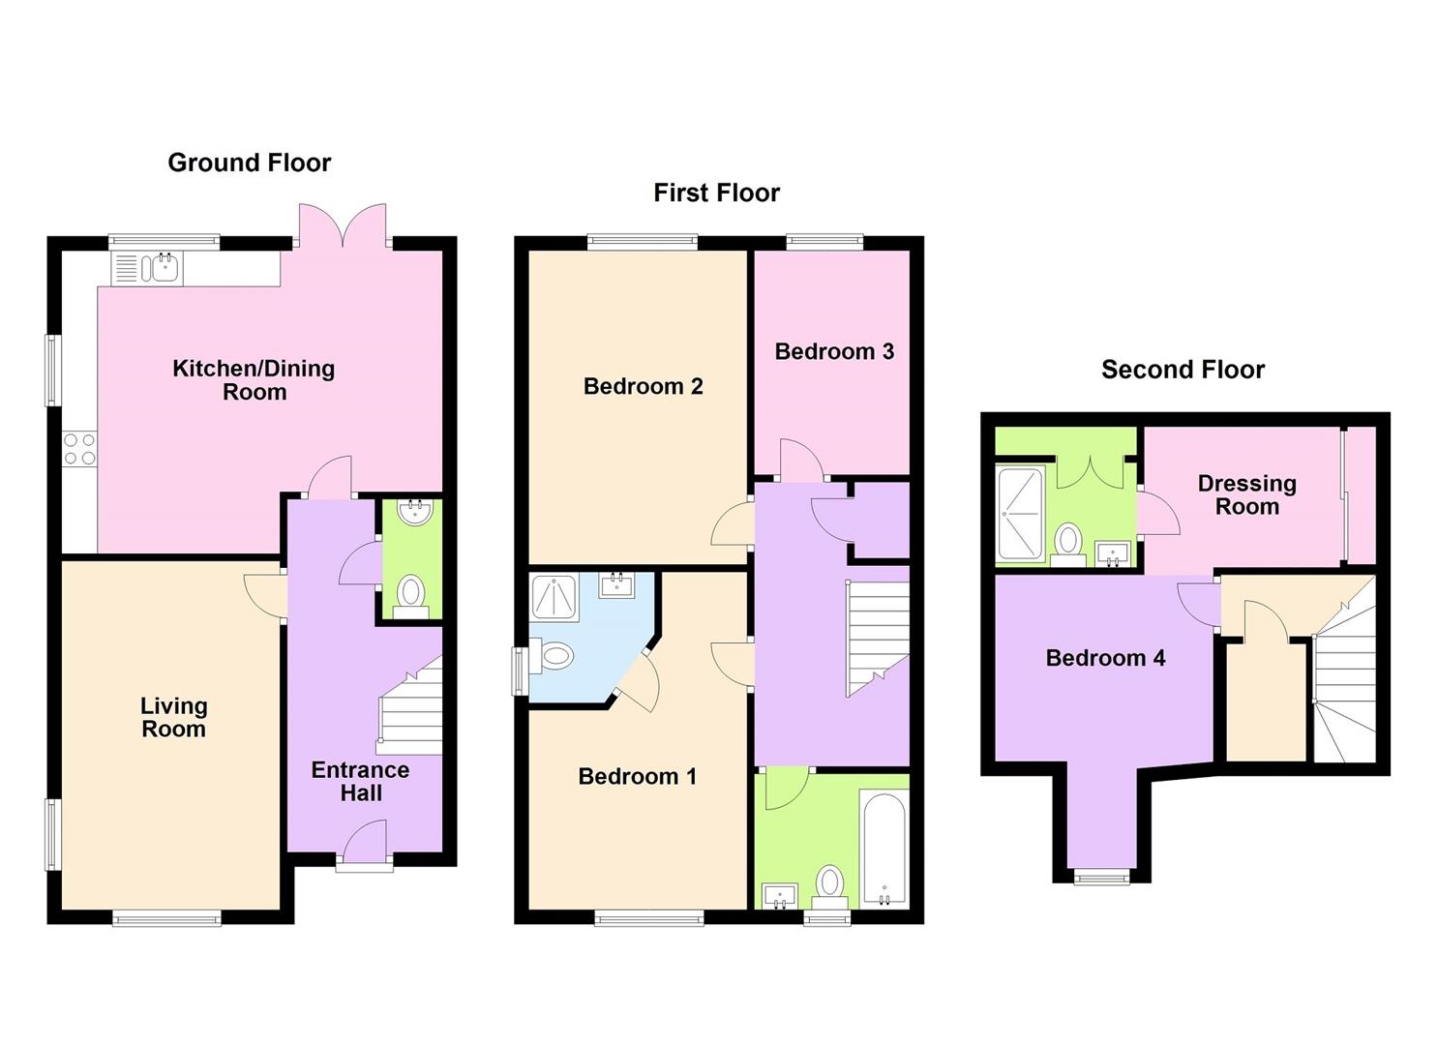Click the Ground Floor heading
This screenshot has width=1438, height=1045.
pos(249,164)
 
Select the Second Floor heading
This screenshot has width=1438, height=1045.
pos(1183,370)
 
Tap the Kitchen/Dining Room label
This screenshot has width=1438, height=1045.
pos(254,380)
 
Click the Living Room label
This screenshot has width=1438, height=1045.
pos(173,718)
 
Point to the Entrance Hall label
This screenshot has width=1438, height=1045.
pos(360,781)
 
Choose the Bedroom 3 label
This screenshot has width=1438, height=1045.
pos(834,352)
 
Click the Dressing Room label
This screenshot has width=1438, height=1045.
pos(1246,494)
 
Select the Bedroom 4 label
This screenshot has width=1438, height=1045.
pos(1105,658)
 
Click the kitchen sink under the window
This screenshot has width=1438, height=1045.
pos(148,268)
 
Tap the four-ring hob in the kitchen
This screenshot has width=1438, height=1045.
pos(79,449)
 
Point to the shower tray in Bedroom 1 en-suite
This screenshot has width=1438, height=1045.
pos(554,598)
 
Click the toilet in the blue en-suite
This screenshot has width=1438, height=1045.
pos(552,657)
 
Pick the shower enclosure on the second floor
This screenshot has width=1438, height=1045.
pos(1020,515)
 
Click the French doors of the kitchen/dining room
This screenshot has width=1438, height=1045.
pos(343,225)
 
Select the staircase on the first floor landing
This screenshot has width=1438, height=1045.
pos(877,639)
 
